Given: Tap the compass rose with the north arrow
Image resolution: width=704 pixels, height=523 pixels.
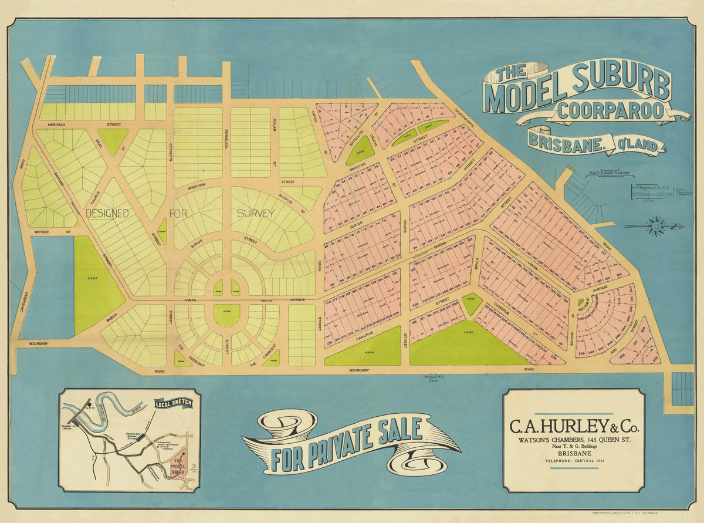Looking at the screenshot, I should pyautogui.click(x=655, y=226).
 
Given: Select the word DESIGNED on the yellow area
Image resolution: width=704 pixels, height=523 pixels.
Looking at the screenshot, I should pyautogui.click(x=107, y=214).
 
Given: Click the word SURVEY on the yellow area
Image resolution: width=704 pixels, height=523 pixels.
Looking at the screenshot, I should pyautogui.click(x=255, y=214).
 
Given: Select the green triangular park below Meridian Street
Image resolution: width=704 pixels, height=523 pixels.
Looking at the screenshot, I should pyautogui.click(x=112, y=140).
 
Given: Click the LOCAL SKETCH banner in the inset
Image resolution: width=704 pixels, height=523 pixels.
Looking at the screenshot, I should pyautogui.click(x=173, y=403).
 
